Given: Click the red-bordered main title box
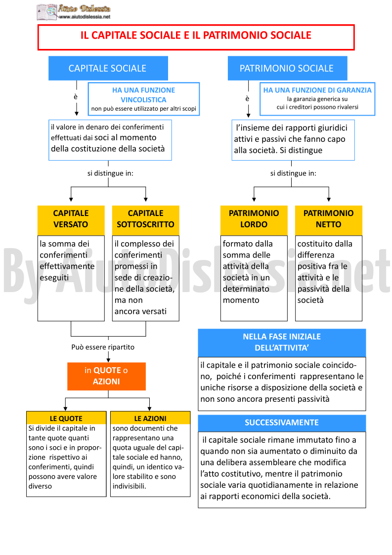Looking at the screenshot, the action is [196, 37].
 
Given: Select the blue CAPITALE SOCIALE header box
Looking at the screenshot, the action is [108, 68].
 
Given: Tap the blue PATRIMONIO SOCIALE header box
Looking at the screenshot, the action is [287, 68].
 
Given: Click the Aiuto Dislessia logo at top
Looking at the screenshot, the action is [74, 11].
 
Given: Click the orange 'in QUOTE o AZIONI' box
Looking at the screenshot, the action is [106, 376].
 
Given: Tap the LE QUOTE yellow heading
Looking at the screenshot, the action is [66, 418].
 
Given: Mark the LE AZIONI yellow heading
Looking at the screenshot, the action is [150, 418].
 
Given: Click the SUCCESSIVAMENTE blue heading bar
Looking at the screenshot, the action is [282, 423].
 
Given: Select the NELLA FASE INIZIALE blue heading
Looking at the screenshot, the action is [282, 342].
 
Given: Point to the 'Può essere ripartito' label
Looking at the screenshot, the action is [103, 347].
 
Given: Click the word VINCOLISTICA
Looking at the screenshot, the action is [143, 100].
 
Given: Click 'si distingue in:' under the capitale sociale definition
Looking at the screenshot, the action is [110, 173].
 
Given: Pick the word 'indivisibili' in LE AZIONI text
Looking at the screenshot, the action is [129, 486].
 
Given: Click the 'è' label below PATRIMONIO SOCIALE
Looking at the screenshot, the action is [247, 98].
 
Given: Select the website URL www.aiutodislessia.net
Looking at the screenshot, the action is [85, 17].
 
